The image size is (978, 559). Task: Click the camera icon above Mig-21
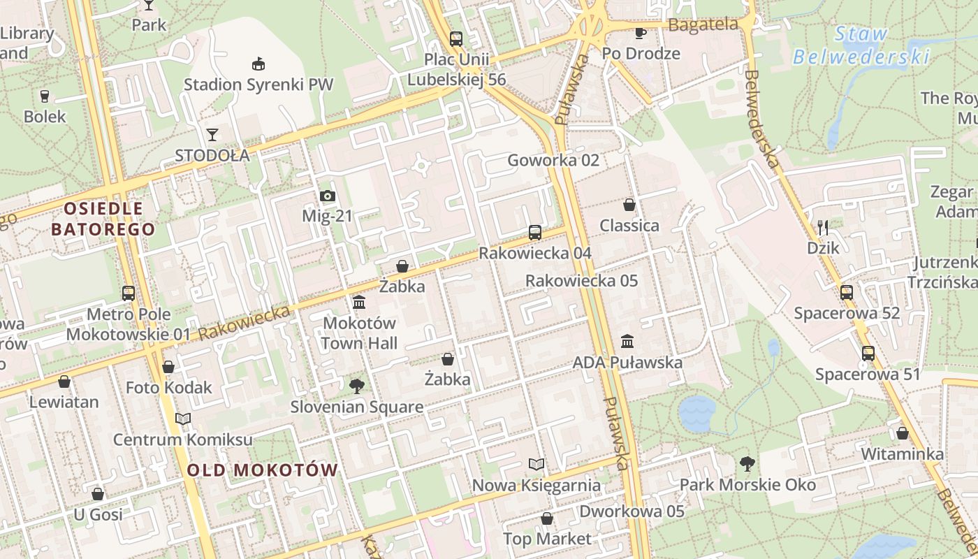(x=327, y=196)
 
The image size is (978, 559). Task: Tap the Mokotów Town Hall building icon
(x=359, y=303)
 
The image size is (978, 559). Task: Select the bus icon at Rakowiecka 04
(x=535, y=233)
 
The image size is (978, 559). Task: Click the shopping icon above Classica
(x=629, y=205)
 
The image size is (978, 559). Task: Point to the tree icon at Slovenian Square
(x=357, y=386)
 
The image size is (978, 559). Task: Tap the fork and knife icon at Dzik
(x=823, y=227)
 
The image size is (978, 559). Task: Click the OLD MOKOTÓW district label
(x=263, y=470)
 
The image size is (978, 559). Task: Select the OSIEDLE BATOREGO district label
(x=103, y=218)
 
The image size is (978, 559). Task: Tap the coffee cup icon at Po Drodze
(x=641, y=32)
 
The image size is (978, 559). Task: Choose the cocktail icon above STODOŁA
(x=212, y=134)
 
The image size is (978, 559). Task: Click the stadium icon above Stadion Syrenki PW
(x=258, y=64)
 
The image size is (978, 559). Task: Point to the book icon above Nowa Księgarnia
(x=537, y=464)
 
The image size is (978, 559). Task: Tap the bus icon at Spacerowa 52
(x=847, y=292)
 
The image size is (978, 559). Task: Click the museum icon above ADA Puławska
(x=627, y=342)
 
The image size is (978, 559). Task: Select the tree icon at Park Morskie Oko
(x=747, y=463)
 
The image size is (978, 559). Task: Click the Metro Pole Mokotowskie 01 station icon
(x=129, y=293)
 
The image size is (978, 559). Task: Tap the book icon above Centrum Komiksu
(x=183, y=419)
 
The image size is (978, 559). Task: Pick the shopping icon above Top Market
(x=547, y=518)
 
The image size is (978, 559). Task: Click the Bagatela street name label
(x=703, y=24)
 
